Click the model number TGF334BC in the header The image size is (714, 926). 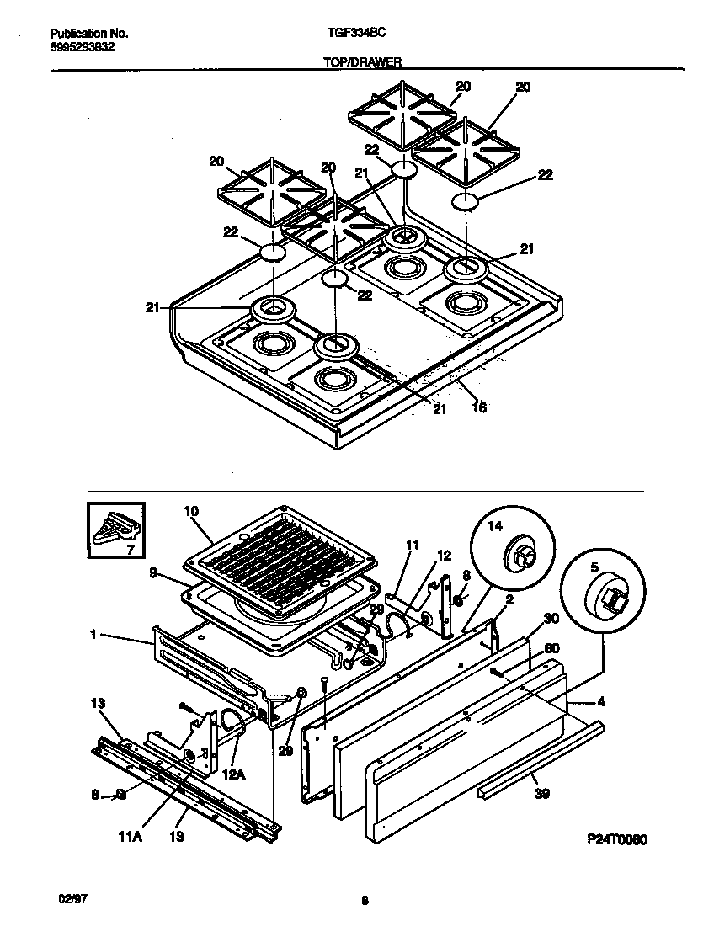click(x=350, y=34)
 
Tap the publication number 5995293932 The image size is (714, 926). click(x=83, y=47)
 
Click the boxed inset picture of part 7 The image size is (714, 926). click(x=115, y=530)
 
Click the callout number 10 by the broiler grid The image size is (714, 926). click(x=191, y=511)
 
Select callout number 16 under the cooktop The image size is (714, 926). click(x=479, y=408)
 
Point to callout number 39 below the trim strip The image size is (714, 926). click(x=541, y=793)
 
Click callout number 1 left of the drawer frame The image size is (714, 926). click(x=92, y=636)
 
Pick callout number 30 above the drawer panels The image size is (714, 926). click(x=551, y=618)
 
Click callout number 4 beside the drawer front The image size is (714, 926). click(x=599, y=700)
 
